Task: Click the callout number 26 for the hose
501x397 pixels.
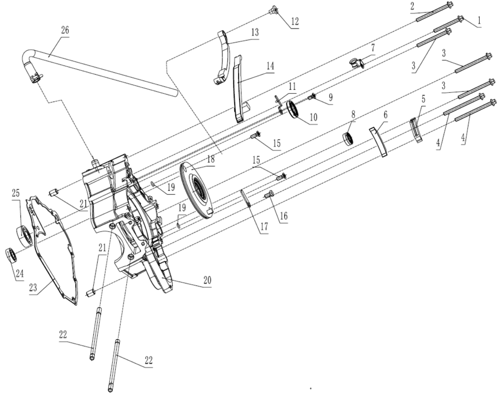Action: pos(65,31)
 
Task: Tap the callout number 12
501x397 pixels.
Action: pos(294,21)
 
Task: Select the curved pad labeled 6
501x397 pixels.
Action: pos(379,141)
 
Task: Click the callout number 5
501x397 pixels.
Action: pos(423,99)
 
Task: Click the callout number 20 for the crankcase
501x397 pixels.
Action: pos(207,280)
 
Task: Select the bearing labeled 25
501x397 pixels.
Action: pos(24,236)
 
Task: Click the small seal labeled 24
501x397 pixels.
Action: pos(11,255)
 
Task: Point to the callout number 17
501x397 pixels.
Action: pos(264,227)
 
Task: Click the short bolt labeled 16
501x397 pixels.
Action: pos(269,194)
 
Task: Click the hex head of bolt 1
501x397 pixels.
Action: pos(461,17)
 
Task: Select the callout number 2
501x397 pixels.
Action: pos(413,6)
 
